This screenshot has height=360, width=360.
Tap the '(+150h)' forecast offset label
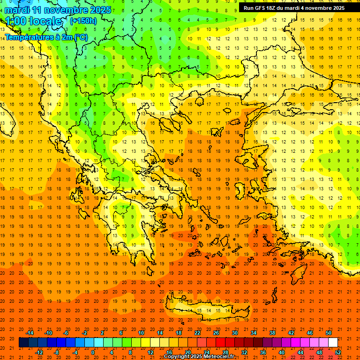tap(83, 21)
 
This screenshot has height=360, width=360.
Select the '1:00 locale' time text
tap(33, 21)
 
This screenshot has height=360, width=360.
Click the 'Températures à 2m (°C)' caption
tap(46, 37)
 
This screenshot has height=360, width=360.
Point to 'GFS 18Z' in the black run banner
tap(265, 8)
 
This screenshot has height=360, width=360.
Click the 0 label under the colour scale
tap(93, 352)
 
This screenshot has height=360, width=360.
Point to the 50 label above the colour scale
tap(328, 332)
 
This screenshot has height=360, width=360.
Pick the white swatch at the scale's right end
tap(333, 342)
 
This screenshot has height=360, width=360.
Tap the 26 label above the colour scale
tap(216, 332)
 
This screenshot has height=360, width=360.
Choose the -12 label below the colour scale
tap(39, 352)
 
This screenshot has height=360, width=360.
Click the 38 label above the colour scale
tap(272, 332)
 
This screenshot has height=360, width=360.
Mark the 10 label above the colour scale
tap(141, 332)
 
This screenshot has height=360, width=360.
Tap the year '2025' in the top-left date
tap(99, 10)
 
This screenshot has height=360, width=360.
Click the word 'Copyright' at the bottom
tap(177, 357)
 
